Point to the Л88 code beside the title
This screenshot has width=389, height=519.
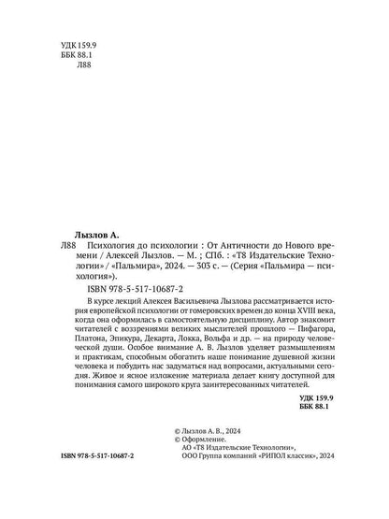pyautogui.click(x=62, y=239)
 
